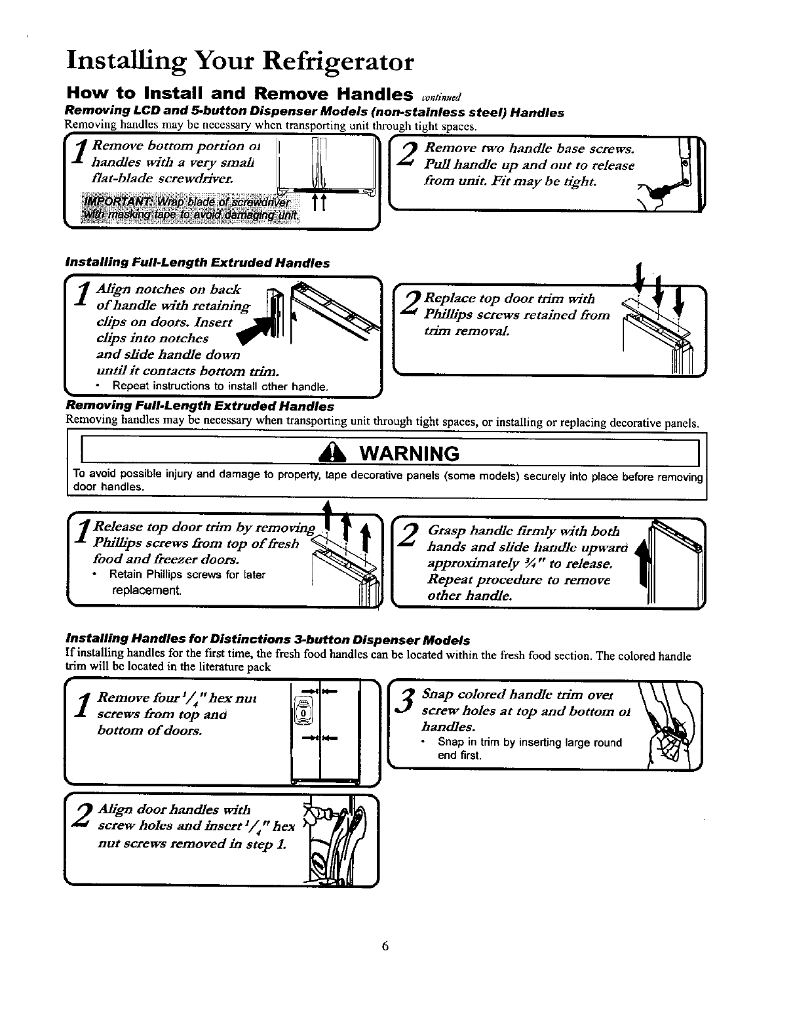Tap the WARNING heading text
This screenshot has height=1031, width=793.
406,453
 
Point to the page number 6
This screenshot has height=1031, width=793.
385,946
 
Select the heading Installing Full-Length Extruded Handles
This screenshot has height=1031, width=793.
197,263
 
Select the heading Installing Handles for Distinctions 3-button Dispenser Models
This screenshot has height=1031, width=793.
267,639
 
